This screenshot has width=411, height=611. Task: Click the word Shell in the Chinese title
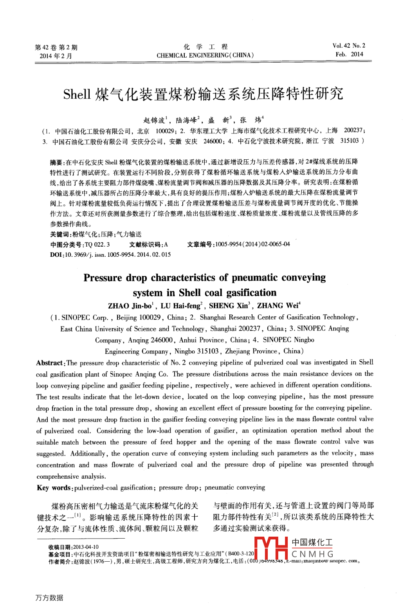(x=77, y=94)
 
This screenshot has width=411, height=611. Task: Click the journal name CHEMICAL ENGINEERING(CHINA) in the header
(x=205, y=55)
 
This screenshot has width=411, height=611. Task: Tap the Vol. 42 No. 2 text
(x=349, y=46)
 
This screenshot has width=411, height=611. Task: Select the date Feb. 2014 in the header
(x=349, y=54)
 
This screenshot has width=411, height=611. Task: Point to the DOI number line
(x=110, y=254)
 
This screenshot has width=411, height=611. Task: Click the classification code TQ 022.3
(x=97, y=245)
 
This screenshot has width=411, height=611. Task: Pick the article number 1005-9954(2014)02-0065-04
(x=252, y=244)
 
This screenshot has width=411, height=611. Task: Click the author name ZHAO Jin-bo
(x=130, y=306)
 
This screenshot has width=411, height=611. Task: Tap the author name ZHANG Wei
(x=278, y=306)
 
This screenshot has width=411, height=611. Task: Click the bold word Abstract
(x=50, y=363)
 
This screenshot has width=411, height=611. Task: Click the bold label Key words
(x=54, y=488)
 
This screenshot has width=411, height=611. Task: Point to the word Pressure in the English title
(x=103, y=278)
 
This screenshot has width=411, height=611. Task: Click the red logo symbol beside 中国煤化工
(x=271, y=548)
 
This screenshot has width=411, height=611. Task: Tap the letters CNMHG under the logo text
(x=312, y=554)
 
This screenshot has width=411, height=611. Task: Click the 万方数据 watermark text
(x=49, y=598)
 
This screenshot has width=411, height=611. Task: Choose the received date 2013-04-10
(x=86, y=547)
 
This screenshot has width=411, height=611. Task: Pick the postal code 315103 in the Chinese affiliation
(x=349, y=141)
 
